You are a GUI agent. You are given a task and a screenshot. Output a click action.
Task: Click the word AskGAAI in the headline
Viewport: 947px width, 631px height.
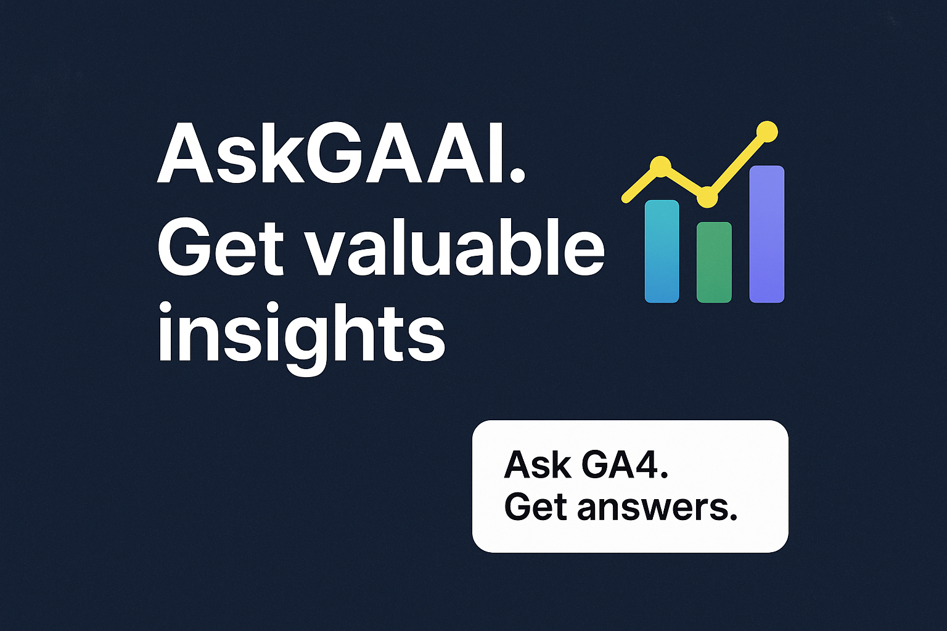[333, 154]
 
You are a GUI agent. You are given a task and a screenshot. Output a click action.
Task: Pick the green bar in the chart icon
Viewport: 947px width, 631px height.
[714, 263]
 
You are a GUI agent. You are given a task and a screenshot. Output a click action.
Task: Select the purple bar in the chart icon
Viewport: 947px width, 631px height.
[766, 234]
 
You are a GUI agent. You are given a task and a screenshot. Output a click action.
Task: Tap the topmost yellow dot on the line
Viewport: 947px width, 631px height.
[767, 131]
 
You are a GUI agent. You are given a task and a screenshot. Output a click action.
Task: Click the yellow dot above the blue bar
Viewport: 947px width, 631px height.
[660, 166]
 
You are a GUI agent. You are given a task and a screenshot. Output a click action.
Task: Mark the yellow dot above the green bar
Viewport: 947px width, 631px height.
[707, 198]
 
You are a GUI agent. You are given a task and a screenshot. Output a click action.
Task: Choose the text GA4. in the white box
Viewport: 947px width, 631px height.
[625, 465]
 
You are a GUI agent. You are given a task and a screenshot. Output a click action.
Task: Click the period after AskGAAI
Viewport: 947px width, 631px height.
[517, 176]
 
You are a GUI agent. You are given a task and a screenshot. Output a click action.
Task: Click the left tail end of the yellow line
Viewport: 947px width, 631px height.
[626, 198]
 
